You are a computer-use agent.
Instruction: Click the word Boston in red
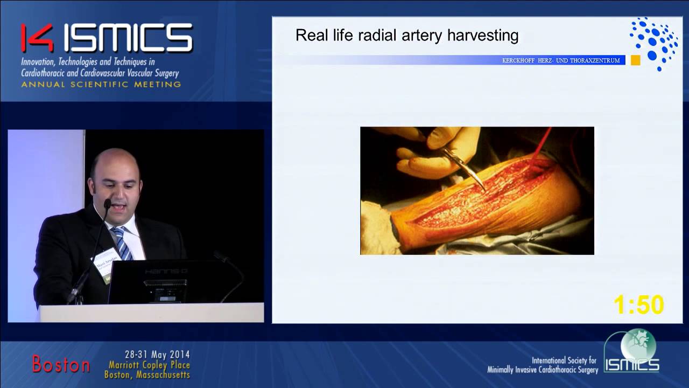pyautogui.click(x=61, y=364)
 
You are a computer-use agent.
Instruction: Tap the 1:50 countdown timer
pyautogui.click(x=639, y=305)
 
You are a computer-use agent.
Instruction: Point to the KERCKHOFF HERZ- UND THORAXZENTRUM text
pyautogui.click(x=561, y=60)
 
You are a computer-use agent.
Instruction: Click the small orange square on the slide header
pyautogui.click(x=635, y=60)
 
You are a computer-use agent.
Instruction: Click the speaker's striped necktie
pyautogui.click(x=122, y=243)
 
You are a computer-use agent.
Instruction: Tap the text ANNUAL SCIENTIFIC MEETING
pyautogui.click(x=101, y=85)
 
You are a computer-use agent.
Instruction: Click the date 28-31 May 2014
pyautogui.click(x=157, y=355)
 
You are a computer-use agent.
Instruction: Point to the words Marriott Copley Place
pyautogui.click(x=149, y=365)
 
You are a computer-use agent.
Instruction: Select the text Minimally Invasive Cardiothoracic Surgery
pyautogui.click(x=542, y=370)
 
